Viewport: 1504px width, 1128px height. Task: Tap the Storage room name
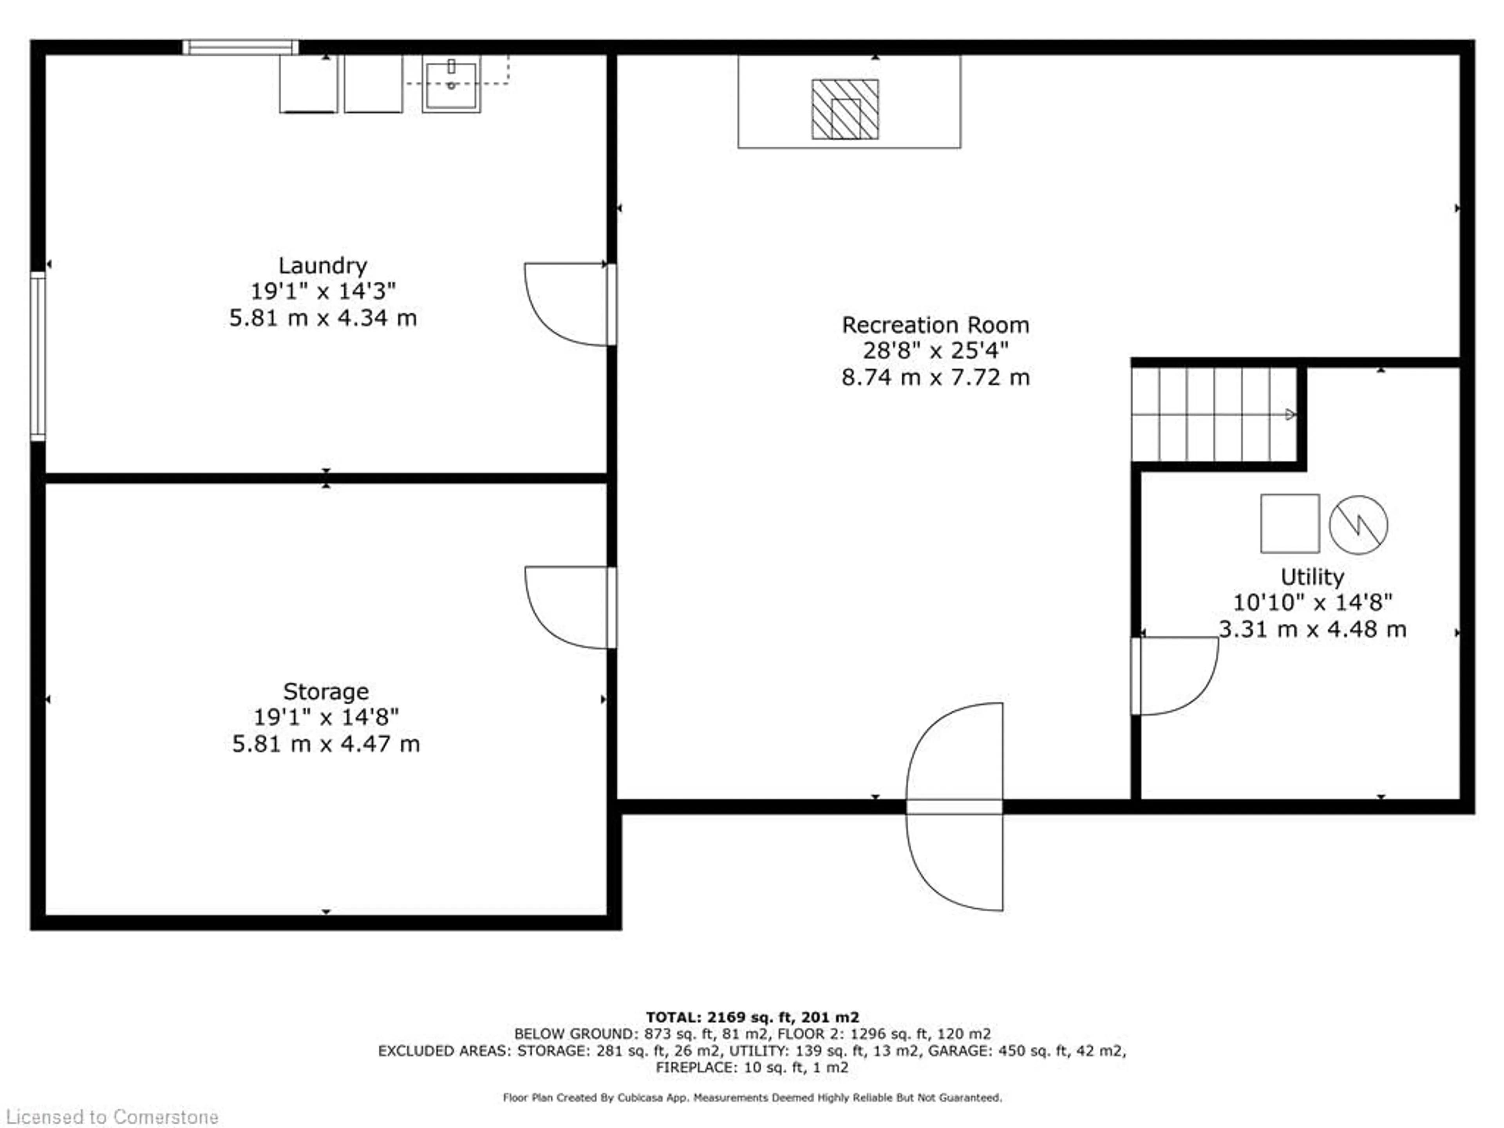pos(326,691)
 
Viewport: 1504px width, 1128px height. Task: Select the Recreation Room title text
pos(936,325)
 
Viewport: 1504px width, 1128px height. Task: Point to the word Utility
pos(1312,577)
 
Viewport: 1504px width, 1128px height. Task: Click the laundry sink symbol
pos(452,83)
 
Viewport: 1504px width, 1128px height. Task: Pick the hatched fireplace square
pos(845,109)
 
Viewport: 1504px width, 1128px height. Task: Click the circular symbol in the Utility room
pos(1358,525)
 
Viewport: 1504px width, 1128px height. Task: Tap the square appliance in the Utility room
pos(1290,524)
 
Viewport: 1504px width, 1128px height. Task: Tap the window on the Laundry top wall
pos(241,47)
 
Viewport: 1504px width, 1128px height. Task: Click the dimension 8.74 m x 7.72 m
pos(936,377)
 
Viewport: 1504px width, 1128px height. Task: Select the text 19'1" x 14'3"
pos(323,292)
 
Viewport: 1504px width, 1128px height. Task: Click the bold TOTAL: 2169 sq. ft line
pos(752,1017)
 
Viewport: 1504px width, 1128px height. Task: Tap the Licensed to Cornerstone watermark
pos(112,1117)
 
